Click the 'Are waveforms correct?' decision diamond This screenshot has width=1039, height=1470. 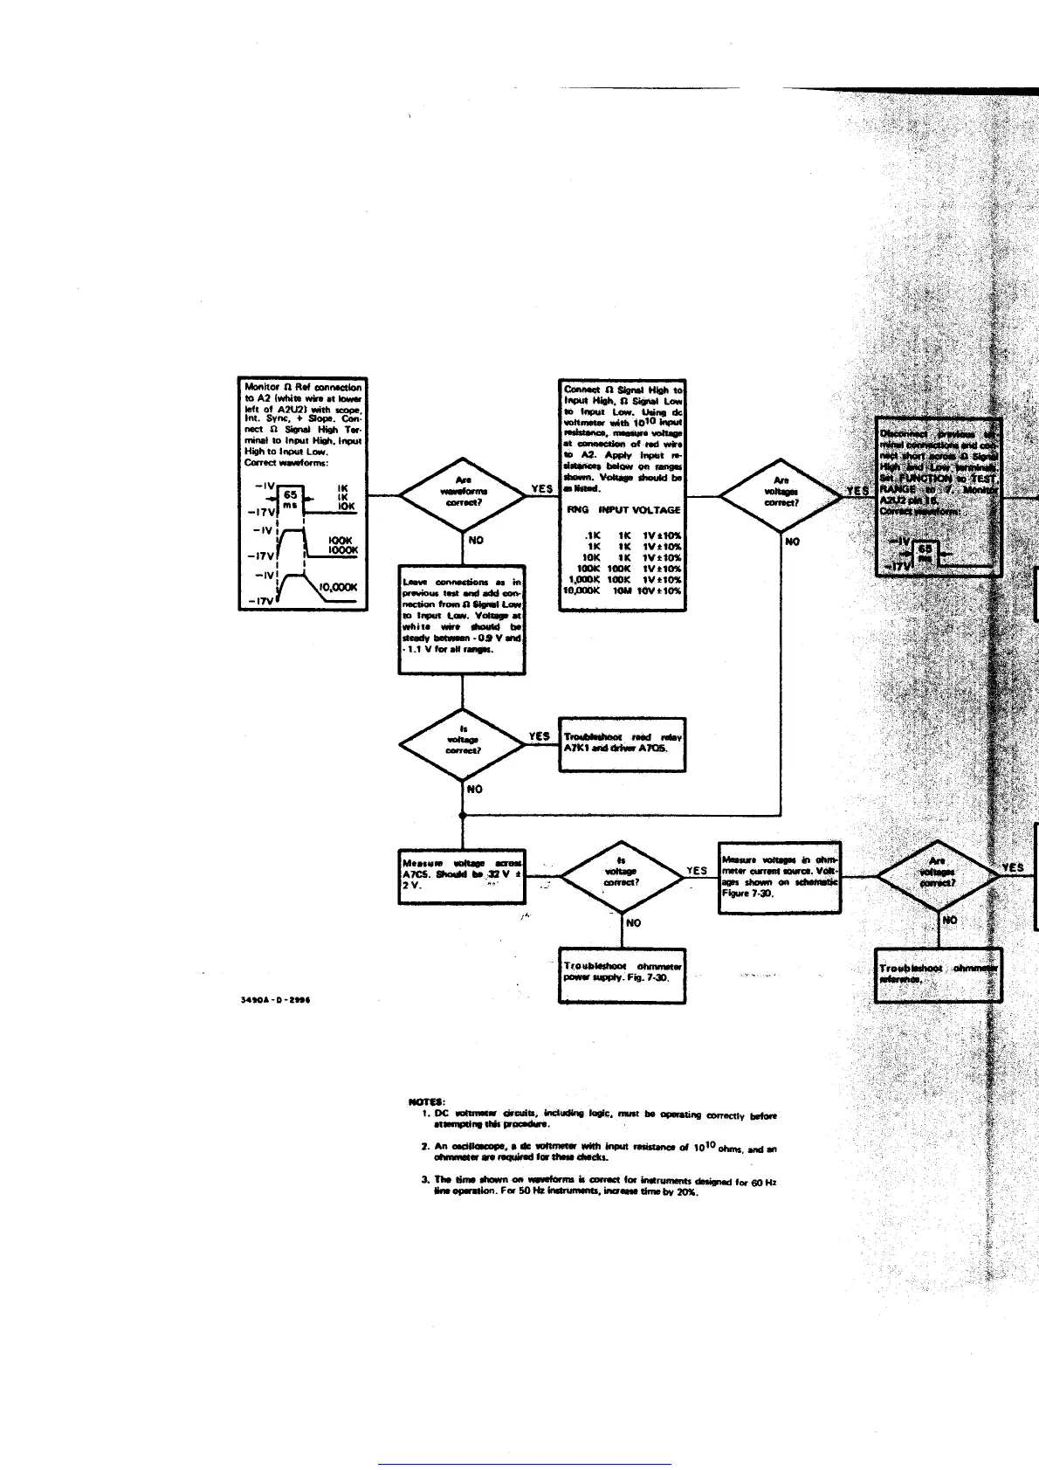point(463,495)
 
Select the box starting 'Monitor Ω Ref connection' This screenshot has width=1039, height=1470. point(302,493)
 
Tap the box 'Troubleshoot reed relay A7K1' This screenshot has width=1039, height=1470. point(622,743)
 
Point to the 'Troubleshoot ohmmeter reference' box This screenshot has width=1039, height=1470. point(938,976)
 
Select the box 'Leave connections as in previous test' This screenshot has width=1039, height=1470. point(462,619)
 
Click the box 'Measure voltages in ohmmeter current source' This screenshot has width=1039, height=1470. point(780,877)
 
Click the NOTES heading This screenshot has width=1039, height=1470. point(425,1101)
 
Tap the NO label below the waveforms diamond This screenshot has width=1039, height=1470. point(475,541)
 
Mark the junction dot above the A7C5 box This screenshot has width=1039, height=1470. point(462,816)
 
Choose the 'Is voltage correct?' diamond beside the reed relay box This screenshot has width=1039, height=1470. point(463,744)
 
